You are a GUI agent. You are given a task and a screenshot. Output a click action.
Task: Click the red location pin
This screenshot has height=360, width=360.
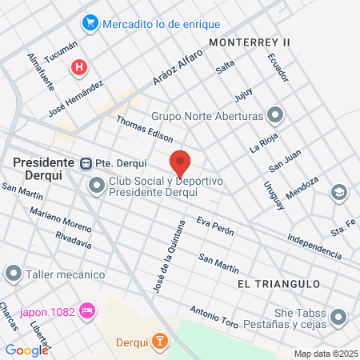(180, 162)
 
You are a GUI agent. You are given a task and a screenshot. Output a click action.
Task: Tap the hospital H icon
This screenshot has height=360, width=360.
(78, 67)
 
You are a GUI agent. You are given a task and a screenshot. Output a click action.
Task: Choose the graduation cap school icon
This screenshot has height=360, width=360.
(339, 193)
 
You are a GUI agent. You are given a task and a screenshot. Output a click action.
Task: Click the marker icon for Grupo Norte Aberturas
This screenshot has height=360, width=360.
(275, 114)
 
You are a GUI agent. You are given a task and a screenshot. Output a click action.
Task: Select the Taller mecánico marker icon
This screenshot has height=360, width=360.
(13, 274)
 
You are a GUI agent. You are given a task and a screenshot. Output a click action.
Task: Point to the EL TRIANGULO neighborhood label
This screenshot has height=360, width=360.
(278, 284)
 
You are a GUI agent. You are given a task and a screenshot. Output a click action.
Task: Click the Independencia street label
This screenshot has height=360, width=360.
(314, 245)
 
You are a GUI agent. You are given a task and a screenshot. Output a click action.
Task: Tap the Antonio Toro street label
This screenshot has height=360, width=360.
(214, 317)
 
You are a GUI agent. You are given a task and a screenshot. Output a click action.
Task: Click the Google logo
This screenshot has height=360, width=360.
(26, 350)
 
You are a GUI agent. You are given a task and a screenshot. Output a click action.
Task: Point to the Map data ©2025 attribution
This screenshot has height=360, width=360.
(326, 354)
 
